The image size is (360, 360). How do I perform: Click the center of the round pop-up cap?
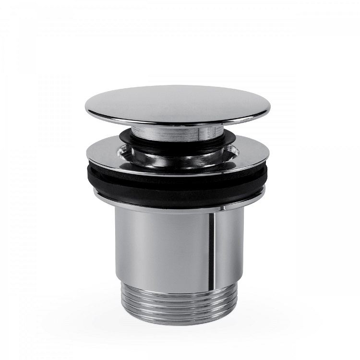pos(177,104)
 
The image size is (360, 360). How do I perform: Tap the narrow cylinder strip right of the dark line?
pos(226,245)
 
